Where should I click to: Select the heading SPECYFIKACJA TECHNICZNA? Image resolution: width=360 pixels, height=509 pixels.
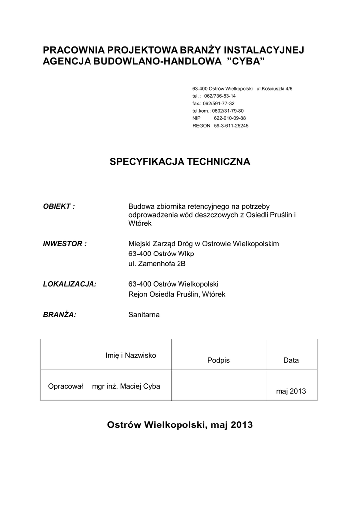point(180,162)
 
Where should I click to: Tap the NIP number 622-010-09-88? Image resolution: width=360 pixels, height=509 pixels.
point(230,118)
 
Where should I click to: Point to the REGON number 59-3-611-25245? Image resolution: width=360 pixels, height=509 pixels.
point(231,126)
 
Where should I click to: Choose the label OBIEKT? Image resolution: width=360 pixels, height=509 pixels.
point(59,206)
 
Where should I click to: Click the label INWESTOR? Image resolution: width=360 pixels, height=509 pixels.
point(65,244)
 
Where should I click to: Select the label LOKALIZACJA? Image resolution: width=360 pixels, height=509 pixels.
point(70,284)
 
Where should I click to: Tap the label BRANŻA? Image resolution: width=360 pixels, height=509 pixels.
point(60,314)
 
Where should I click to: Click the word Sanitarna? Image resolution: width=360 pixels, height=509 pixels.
point(144,314)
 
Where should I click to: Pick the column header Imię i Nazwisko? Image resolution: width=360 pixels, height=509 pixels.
point(131,355)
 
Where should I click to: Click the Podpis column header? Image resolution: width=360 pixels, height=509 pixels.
point(218,360)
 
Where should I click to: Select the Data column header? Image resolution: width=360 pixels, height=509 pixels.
point(291,360)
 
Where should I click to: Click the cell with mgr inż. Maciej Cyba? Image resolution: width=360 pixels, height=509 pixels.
point(126,386)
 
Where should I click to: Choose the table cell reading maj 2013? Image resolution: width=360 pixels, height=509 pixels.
point(291,391)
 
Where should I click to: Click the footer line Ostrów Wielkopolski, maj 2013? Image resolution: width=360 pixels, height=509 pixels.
point(180,425)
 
